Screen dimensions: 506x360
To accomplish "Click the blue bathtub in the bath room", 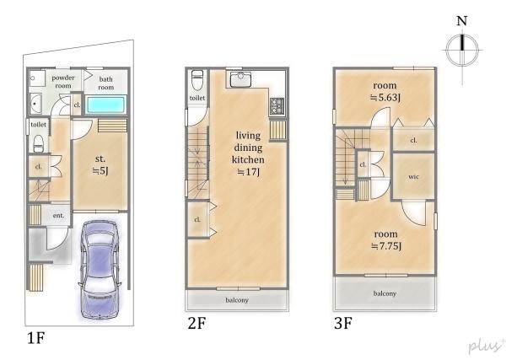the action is (x=106, y=105).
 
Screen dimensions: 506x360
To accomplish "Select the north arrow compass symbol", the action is (x=462, y=50).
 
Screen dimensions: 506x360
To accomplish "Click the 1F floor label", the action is (x=35, y=338).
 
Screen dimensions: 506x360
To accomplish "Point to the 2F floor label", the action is (x=196, y=323).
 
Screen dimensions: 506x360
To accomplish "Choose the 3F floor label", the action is (x=343, y=323).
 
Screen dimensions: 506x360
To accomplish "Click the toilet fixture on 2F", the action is (x=196, y=80).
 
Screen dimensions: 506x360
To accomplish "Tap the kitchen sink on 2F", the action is (x=240, y=79).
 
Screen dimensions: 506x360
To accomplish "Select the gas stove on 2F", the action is (x=277, y=105).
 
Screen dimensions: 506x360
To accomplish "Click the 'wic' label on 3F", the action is (x=413, y=177).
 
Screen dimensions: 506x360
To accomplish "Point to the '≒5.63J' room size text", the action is (x=385, y=97).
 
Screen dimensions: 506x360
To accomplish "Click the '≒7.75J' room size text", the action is (x=386, y=246).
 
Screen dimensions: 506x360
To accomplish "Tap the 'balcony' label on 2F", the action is (x=237, y=300).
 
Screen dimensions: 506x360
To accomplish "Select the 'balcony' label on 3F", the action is (x=385, y=293).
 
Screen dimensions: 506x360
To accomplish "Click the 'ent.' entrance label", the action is (x=58, y=216).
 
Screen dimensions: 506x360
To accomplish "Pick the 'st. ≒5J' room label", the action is (x=100, y=165).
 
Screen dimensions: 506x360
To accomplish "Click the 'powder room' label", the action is (x=63, y=82).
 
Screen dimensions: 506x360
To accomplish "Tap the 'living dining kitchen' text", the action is (x=248, y=148).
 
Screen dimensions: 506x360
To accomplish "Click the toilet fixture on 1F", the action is (x=39, y=143).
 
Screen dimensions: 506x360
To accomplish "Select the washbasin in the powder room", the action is (x=35, y=104).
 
